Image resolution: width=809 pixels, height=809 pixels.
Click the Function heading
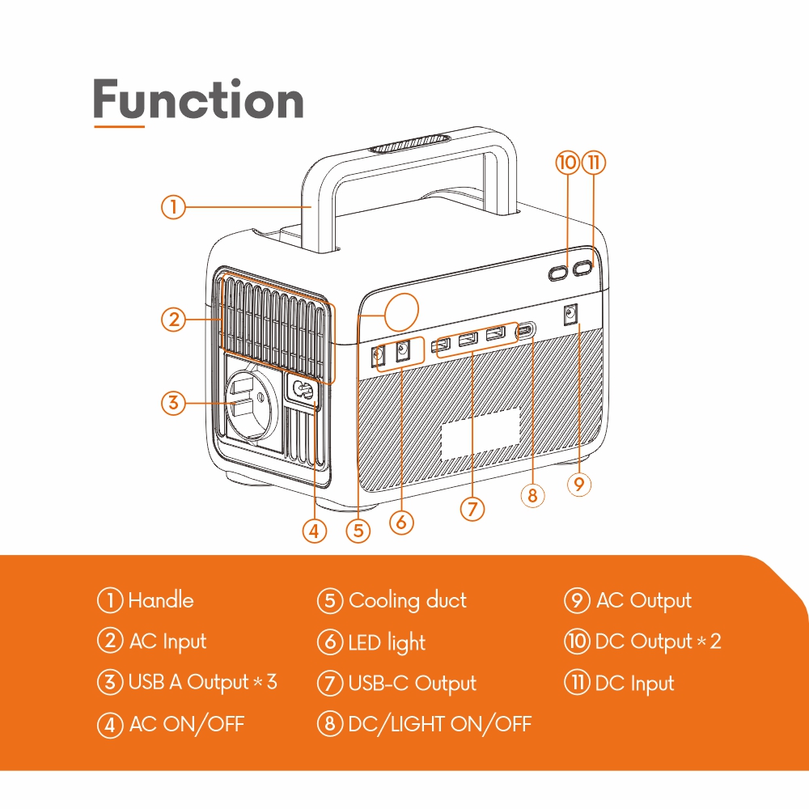(x=198, y=101)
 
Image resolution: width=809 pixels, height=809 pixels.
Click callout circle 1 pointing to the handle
(x=172, y=207)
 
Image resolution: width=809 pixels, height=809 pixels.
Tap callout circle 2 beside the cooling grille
(x=172, y=320)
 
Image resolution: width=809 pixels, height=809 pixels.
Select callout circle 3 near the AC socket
(x=172, y=402)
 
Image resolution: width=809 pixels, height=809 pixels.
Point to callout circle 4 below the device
(x=315, y=532)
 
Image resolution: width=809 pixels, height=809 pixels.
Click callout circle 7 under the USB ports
(x=472, y=509)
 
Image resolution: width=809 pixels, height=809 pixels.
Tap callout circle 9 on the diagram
(x=578, y=484)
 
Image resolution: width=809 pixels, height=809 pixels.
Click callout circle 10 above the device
(x=567, y=163)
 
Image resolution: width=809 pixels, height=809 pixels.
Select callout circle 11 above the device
(x=594, y=163)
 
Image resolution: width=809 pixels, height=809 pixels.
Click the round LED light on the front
(x=402, y=311)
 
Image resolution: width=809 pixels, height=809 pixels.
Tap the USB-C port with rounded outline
(x=526, y=330)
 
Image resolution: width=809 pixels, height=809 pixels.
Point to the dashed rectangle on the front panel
(x=481, y=434)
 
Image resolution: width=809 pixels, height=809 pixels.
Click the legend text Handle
(x=161, y=600)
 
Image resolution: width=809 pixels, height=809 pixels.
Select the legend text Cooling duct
(x=407, y=600)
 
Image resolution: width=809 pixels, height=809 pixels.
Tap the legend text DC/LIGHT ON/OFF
(x=439, y=723)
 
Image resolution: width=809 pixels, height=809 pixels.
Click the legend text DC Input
(x=634, y=683)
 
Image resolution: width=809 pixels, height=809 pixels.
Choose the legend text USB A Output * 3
(x=202, y=682)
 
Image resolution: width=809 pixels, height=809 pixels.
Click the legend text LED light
(x=387, y=642)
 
